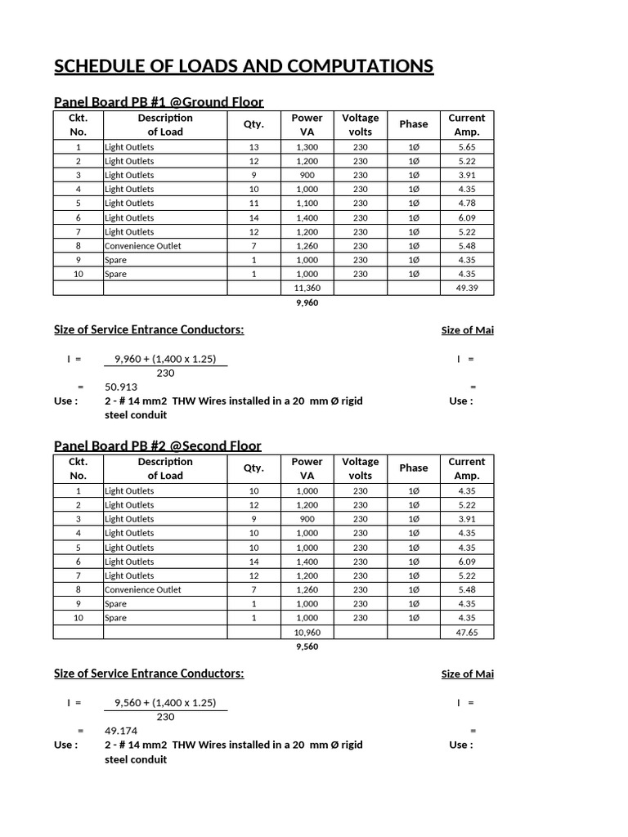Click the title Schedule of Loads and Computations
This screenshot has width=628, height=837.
pyautogui.click(x=244, y=66)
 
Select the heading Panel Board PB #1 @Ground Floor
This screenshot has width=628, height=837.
pyautogui.click(x=159, y=101)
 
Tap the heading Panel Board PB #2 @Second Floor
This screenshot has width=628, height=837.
pyautogui.click(x=158, y=445)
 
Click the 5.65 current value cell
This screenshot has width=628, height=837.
pyautogui.click(x=466, y=147)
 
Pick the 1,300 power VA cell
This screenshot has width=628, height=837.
pyautogui.click(x=307, y=147)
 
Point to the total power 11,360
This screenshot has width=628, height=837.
pyautogui.click(x=307, y=289)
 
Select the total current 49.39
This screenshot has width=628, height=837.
pyautogui.click(x=466, y=289)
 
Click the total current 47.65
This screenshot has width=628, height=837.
pyautogui.click(x=466, y=633)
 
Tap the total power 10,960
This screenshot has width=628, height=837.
pyautogui.click(x=307, y=633)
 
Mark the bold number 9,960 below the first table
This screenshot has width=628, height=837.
pyautogui.click(x=307, y=302)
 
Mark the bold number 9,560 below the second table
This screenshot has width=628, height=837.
pyautogui.click(x=307, y=647)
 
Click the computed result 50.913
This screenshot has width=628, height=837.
pyautogui.click(x=121, y=387)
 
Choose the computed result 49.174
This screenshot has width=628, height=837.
pyautogui.click(x=121, y=731)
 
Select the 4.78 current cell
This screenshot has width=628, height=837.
pyautogui.click(x=466, y=203)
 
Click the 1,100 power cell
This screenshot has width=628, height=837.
pyautogui.click(x=307, y=203)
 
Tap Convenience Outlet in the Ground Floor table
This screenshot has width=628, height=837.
pyautogui.click(x=143, y=246)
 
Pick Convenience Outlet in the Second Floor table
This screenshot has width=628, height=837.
pyautogui.click(x=143, y=589)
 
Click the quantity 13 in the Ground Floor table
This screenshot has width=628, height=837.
pyautogui.click(x=253, y=147)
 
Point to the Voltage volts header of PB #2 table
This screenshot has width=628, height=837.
pyautogui.click(x=360, y=468)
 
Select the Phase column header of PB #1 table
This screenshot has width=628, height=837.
pyautogui.click(x=413, y=124)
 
